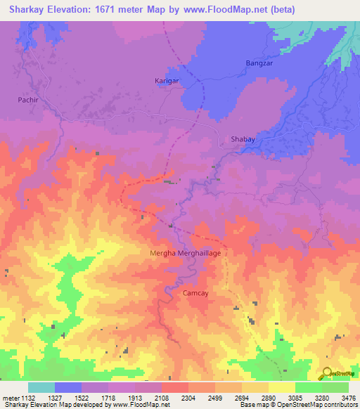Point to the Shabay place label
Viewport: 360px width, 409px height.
pos(243,140)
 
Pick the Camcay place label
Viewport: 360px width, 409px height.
pos(196,294)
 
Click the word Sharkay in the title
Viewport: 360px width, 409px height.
pos(25,9)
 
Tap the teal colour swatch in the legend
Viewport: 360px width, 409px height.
pos(41,387)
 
